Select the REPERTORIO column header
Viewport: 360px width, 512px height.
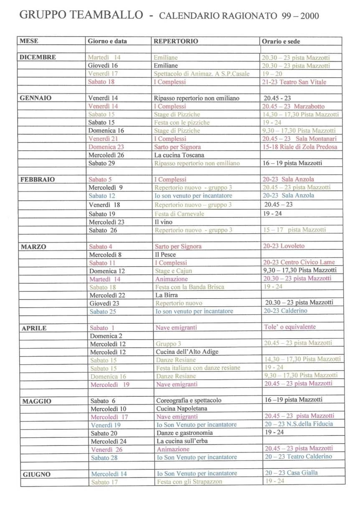click(176, 41)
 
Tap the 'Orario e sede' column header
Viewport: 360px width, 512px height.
click(281, 41)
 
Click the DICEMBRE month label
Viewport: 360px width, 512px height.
click(38, 58)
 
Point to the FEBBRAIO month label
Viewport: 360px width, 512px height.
click(38, 180)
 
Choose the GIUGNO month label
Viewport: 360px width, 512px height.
click(37, 474)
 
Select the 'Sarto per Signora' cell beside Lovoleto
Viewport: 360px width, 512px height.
click(178, 247)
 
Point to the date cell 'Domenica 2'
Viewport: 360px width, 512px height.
click(106, 335)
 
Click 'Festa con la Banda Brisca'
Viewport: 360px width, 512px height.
click(190, 287)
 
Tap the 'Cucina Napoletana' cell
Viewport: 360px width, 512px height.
click(182, 409)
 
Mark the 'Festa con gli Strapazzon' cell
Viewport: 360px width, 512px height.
click(190, 482)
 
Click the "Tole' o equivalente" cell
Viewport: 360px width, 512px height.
click(290, 327)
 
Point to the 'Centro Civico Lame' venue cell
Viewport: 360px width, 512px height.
click(299, 262)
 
